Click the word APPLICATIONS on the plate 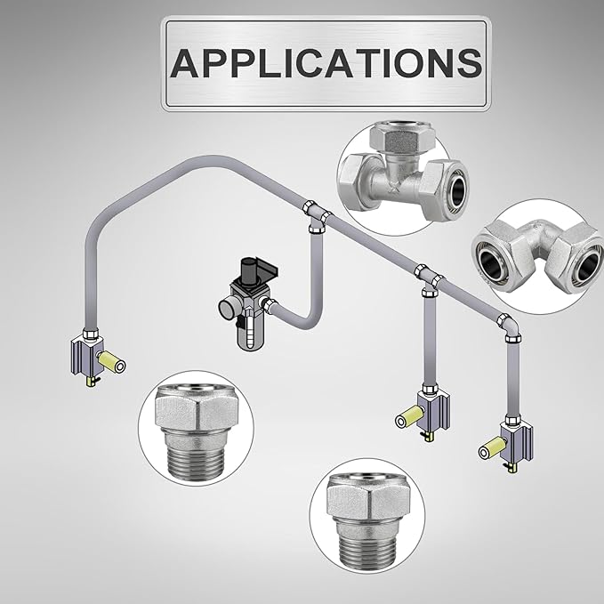point(326,63)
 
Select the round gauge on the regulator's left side point(227,309)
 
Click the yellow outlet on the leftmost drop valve point(112,362)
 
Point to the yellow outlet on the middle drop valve point(410,417)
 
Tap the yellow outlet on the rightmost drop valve point(493,447)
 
